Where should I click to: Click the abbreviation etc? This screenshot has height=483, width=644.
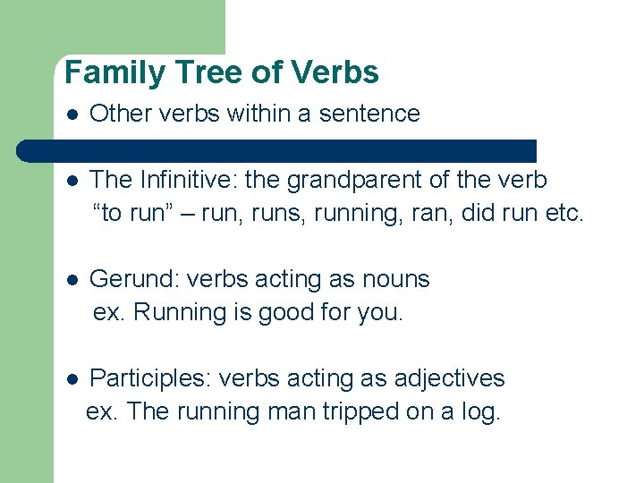tap(562, 213)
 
